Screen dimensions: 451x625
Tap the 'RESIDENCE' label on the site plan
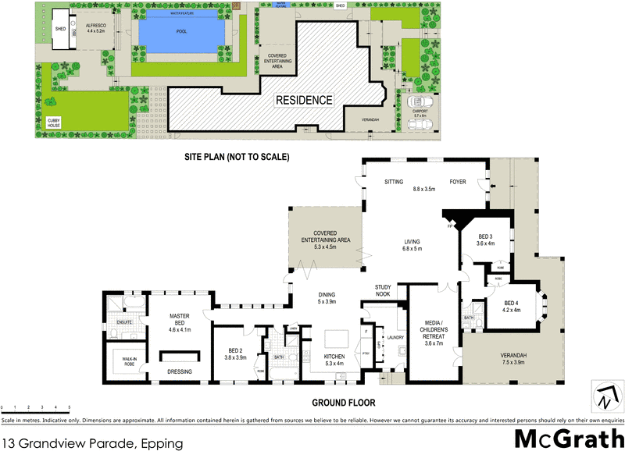point(303,100)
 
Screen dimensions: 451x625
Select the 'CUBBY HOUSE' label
point(53,123)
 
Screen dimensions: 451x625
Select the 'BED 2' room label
point(237,353)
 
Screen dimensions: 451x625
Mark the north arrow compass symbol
point(605,396)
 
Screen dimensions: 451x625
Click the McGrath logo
point(568,438)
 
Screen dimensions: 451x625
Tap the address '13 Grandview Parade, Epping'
point(92,443)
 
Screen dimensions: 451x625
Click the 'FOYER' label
point(458,182)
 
